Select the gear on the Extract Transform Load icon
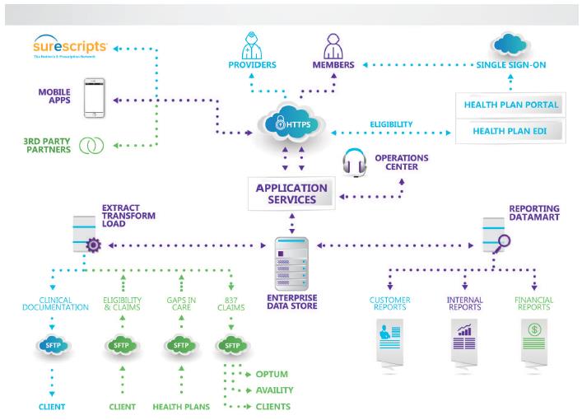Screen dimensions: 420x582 click(92, 245)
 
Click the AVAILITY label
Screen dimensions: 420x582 click(276, 390)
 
